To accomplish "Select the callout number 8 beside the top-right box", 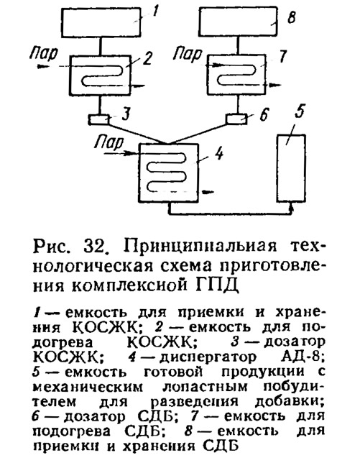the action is pos(291,18).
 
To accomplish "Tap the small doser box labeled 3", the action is pos(98,120).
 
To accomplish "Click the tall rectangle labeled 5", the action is pos(290,168).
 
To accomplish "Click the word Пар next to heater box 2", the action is pos(45,55).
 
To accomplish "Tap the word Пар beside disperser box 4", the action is pos(109,143).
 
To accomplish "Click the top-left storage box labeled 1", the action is pos(101,22).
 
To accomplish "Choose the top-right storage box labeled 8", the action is pos(239,22).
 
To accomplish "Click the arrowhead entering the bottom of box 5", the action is pos(291,206).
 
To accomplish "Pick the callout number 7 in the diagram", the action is pos(283,57).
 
